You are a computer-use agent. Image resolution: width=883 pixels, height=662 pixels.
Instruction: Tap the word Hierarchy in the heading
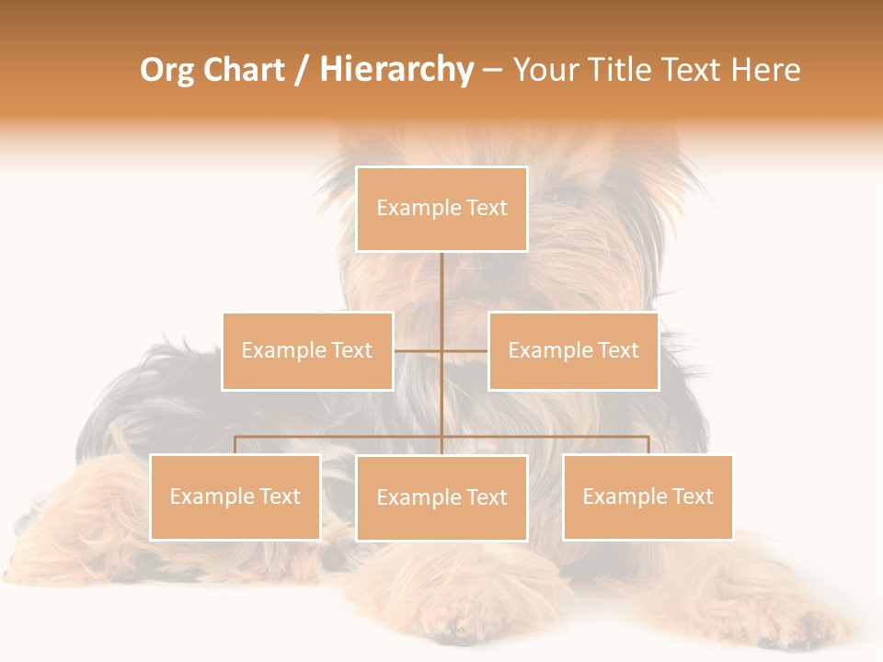click(x=396, y=70)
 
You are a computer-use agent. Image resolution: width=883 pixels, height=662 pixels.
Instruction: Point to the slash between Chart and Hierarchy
click(x=302, y=71)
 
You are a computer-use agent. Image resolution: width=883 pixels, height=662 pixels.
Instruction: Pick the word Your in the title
click(x=544, y=70)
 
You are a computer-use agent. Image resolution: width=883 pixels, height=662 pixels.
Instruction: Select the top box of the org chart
click(x=441, y=209)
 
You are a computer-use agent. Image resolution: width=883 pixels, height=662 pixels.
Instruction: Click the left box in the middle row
click(x=307, y=351)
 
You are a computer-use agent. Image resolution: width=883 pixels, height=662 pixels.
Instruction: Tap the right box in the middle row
click(x=573, y=351)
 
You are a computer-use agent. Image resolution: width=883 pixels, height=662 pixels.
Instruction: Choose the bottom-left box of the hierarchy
click(x=235, y=497)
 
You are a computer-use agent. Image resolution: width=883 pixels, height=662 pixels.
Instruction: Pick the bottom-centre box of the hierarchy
click(x=441, y=498)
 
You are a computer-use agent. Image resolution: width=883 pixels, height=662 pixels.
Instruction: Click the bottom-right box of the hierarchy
click(x=648, y=497)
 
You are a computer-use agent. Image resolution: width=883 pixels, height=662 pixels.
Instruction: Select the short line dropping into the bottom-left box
click(x=235, y=445)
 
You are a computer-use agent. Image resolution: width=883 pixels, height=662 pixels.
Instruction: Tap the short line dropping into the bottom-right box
click(x=648, y=445)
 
